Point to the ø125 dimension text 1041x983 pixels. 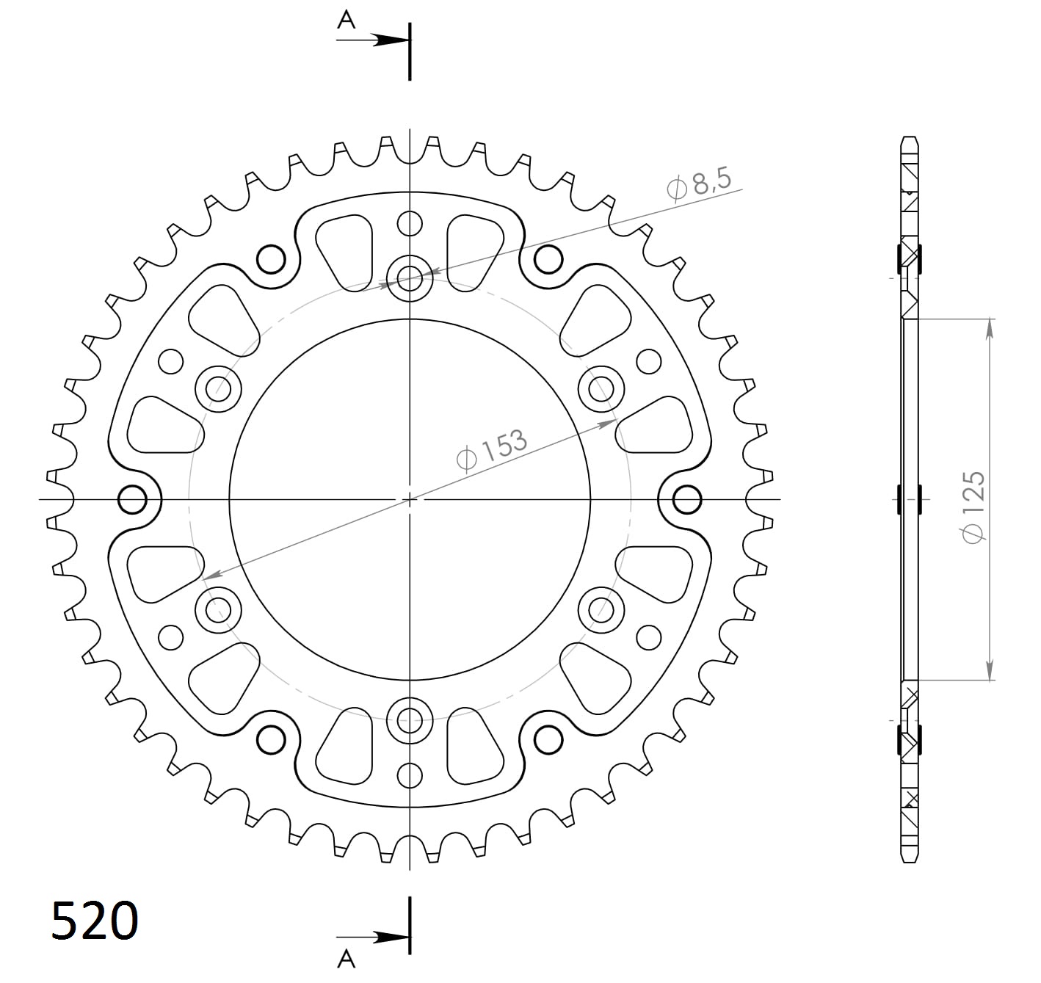(x=973, y=507)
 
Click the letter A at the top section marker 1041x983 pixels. (x=346, y=21)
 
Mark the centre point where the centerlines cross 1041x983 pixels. (x=410, y=499)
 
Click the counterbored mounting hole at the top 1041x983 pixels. (x=410, y=278)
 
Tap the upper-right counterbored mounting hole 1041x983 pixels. (x=601, y=388)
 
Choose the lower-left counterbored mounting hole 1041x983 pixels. (x=218, y=609)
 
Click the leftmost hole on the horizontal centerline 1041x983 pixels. (x=133, y=500)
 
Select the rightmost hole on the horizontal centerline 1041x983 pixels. (x=687, y=500)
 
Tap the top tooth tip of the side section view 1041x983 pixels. (x=910, y=139)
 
